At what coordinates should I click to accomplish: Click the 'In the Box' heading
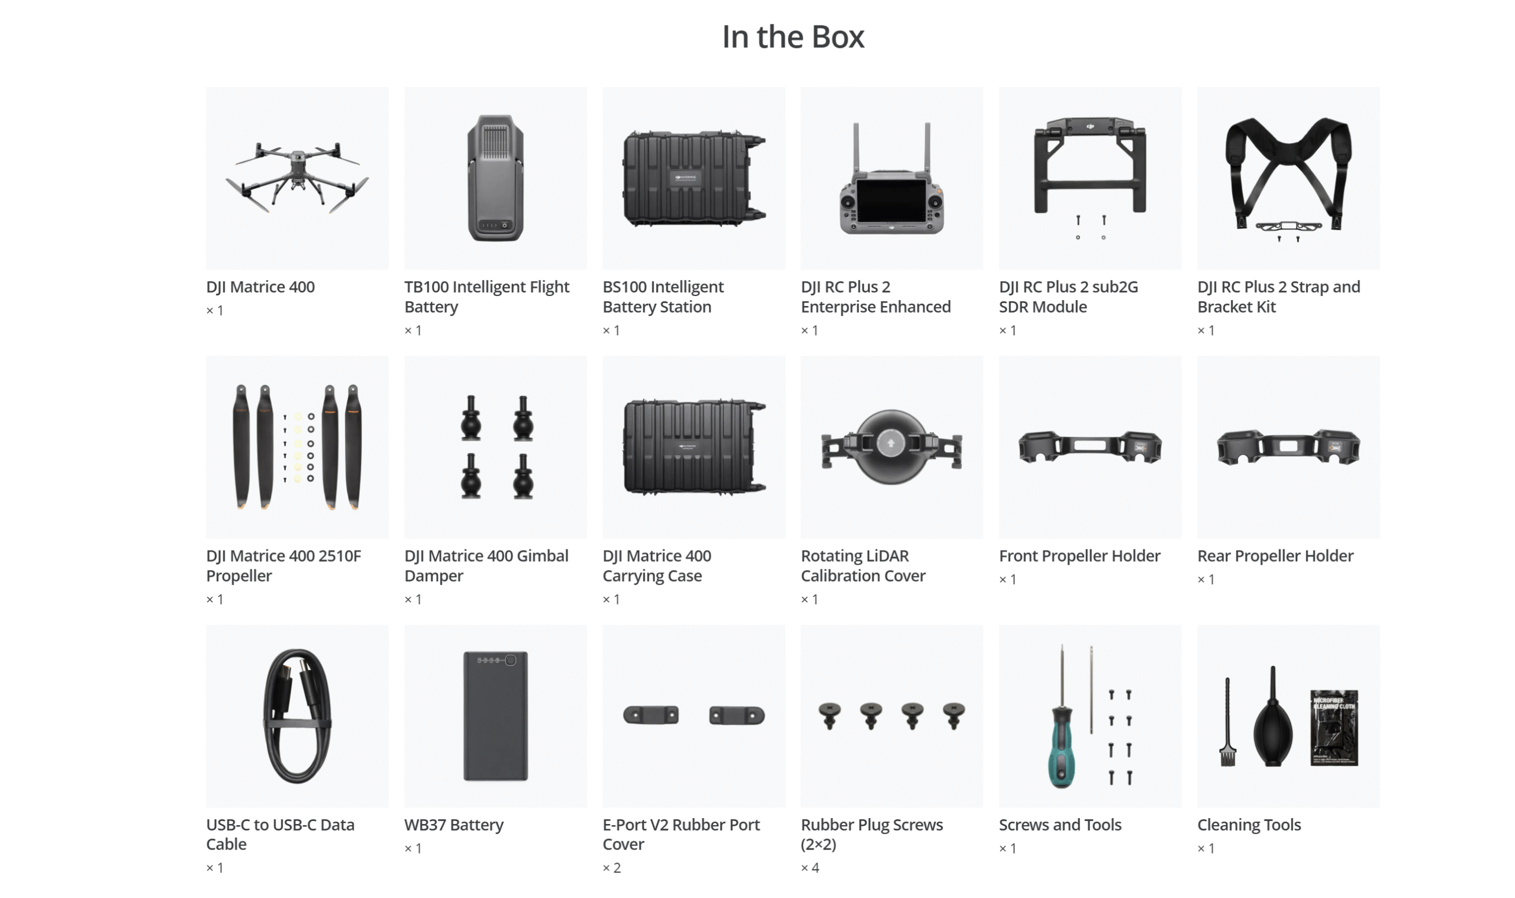coord(793,37)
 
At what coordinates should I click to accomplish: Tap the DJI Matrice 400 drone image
coord(297,178)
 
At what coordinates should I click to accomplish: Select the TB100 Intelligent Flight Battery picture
coord(495,178)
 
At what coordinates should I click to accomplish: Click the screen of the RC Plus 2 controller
coord(891,201)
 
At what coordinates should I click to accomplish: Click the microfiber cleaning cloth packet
coord(1334,728)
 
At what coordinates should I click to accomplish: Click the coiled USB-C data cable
coord(297,716)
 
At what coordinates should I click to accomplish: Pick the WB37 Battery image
coord(495,716)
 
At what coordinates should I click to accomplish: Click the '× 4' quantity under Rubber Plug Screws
coord(810,868)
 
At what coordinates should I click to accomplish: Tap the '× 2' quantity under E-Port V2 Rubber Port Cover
coord(611,868)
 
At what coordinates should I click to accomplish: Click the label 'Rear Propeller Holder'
coord(1275,555)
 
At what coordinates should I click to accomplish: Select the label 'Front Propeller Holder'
coord(1079,555)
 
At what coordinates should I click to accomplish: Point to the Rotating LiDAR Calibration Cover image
coord(891,447)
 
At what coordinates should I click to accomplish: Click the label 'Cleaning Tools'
coord(1249,825)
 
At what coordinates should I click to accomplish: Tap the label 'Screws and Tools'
coord(1060,825)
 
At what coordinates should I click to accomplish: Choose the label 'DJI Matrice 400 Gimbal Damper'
coord(486,566)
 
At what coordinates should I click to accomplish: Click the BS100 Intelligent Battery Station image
coord(694,179)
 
